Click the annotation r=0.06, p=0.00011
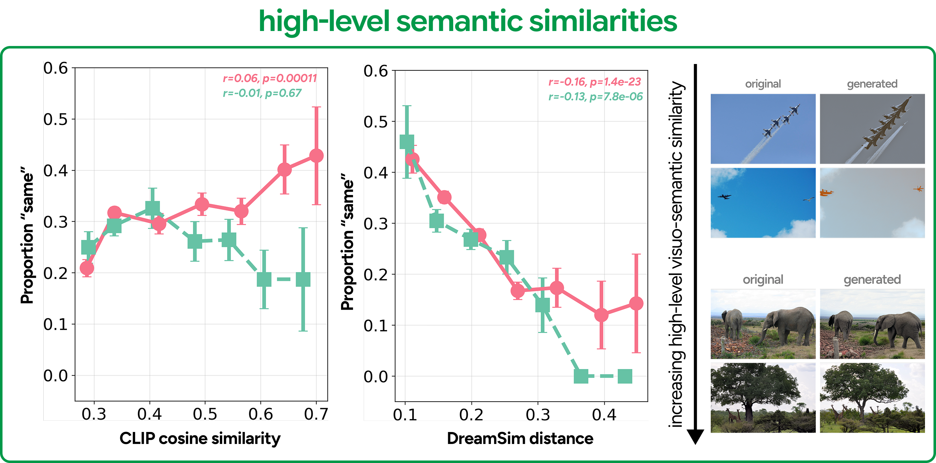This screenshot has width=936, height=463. (x=270, y=78)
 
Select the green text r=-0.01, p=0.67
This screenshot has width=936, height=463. (x=262, y=93)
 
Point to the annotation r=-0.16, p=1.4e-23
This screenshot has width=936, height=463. (x=594, y=82)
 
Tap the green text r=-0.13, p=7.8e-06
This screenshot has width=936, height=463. (x=596, y=97)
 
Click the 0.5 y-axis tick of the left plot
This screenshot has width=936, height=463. (x=56, y=119)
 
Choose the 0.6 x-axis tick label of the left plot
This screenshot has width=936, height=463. (x=261, y=414)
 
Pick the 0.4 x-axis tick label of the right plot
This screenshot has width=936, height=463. (x=604, y=414)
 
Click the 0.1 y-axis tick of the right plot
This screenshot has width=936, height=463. (x=376, y=325)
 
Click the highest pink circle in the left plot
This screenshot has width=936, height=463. (x=316, y=156)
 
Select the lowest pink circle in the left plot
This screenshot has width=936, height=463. (x=87, y=268)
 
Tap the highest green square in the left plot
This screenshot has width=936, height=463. (x=152, y=208)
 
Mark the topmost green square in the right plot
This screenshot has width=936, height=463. (x=407, y=142)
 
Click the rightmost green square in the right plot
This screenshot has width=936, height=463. (x=625, y=376)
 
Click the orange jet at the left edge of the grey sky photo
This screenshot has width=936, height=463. (x=826, y=192)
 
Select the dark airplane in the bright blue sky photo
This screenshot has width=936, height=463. (x=724, y=197)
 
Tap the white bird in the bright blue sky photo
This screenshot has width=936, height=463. (x=808, y=199)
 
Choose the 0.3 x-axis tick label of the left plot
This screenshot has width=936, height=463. (x=94, y=414)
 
